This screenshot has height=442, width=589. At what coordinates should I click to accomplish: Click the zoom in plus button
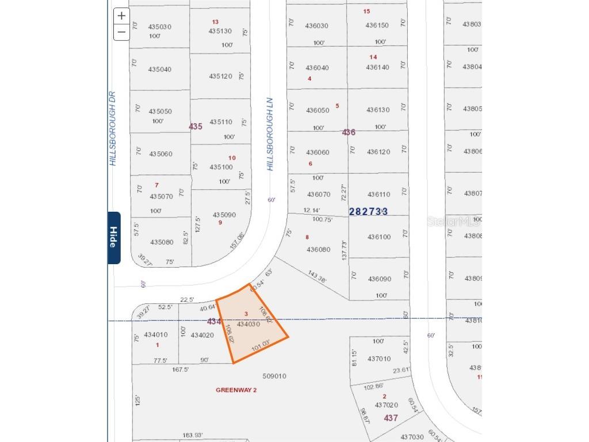click(121, 16)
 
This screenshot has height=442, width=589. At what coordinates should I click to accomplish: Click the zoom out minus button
click(121, 32)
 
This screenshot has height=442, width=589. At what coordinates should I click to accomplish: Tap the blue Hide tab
click(114, 238)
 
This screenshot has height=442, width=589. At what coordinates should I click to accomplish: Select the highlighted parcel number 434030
click(248, 324)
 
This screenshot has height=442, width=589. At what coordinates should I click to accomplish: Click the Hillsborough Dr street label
click(113, 128)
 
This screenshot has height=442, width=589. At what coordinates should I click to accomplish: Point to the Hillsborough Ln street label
click(270, 134)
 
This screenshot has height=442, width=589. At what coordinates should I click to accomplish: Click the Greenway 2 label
click(236, 390)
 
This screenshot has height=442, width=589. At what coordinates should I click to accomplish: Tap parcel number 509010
click(274, 376)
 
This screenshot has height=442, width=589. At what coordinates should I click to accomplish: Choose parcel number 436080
click(319, 250)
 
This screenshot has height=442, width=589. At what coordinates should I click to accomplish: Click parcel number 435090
click(224, 215)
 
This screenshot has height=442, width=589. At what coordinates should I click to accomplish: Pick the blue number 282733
click(368, 212)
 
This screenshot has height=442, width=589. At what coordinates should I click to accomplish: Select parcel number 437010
click(378, 359)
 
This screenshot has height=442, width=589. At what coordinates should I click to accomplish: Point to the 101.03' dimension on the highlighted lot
click(261, 345)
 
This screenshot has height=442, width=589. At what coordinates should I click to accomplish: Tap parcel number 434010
click(156, 334)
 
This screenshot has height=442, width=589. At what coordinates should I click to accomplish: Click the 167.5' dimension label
click(180, 369)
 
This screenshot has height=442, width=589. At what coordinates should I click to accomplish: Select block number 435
click(196, 126)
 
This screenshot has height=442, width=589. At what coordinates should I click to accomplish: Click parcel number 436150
click(377, 25)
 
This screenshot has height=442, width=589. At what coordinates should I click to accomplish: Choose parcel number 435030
click(160, 26)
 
